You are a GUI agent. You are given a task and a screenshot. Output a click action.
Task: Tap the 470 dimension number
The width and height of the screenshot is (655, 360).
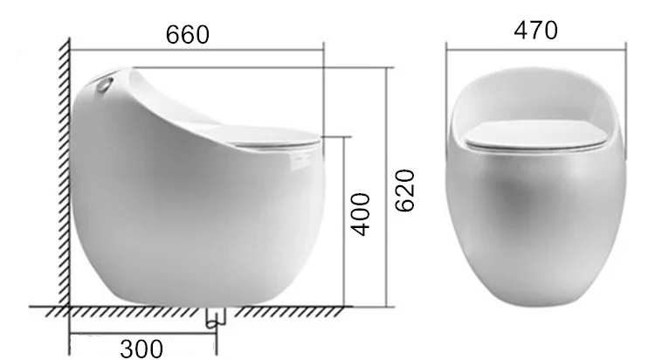534,31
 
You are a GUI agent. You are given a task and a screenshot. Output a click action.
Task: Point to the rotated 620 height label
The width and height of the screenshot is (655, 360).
404,190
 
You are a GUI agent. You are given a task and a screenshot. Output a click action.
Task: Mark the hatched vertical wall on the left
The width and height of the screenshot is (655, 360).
63,175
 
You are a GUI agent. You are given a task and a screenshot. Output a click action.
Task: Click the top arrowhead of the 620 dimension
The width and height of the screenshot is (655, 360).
386,68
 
